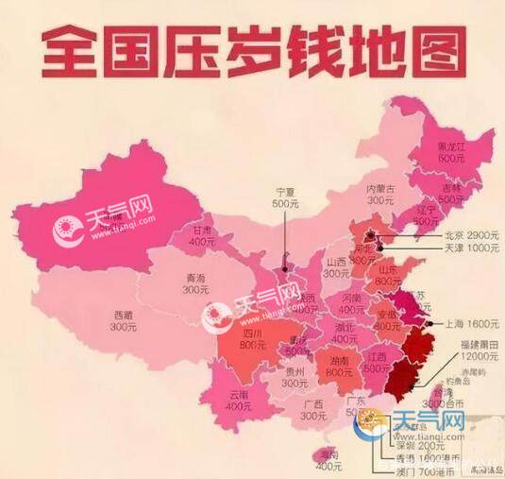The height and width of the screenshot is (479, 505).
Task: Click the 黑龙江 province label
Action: click(x=450, y=146)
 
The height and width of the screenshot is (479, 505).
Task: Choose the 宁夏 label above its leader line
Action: click(x=285, y=190)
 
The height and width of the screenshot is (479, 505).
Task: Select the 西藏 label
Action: click(x=124, y=315)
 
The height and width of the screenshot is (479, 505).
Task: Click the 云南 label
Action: click(x=237, y=394)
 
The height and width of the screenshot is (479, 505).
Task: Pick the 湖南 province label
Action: click(x=339, y=360)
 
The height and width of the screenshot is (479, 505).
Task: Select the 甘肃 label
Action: click(x=202, y=230)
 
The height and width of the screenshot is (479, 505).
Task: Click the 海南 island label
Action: click(x=328, y=454)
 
